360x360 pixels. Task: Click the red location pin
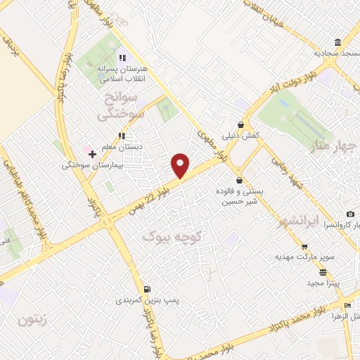(x=181, y=165)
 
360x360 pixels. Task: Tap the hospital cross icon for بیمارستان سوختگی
(x=92, y=153)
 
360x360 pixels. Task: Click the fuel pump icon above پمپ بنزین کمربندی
(x=146, y=289)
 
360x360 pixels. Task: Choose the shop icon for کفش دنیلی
(x=241, y=124)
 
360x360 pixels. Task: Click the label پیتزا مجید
(x=323, y=283)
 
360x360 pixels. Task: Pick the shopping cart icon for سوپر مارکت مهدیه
(x=304, y=246)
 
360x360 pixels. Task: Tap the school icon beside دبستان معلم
(x=122, y=136)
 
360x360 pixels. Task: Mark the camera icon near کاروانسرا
(x=350, y=214)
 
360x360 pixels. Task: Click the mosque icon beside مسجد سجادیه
(x=338, y=43)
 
